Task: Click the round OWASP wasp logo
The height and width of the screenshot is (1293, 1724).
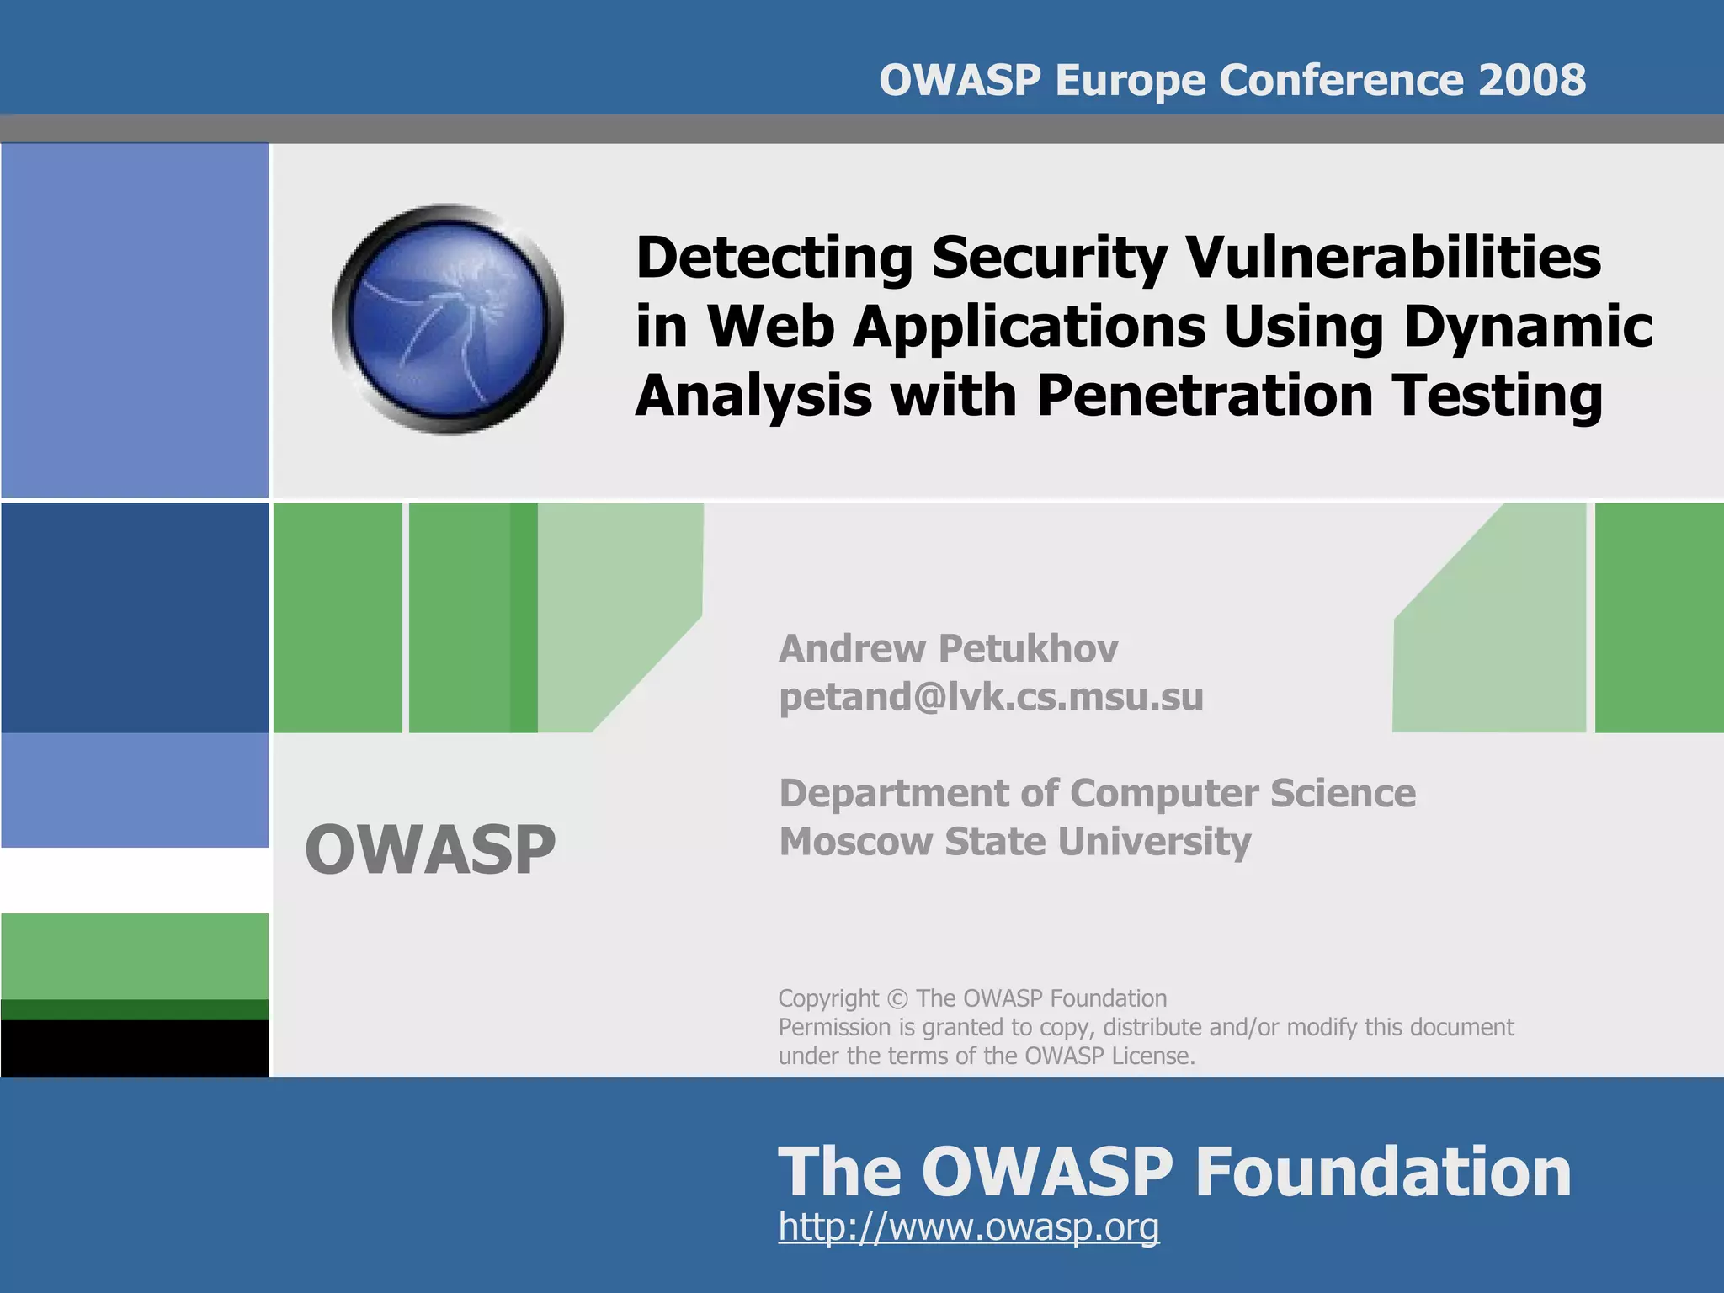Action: [448, 319]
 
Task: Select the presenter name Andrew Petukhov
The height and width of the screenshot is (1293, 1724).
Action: [948, 648]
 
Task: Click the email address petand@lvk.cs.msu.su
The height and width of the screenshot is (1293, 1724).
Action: [991, 697]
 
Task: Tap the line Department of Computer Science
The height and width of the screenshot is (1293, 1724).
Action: [1097, 793]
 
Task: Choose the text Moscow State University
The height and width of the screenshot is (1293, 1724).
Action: [1014, 841]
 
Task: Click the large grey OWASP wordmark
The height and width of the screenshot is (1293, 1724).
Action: [430, 849]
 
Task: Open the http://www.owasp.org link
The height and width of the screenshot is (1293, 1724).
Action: [968, 1226]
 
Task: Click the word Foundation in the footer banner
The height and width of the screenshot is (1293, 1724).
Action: [1382, 1172]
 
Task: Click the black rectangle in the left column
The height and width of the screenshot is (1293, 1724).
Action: [135, 1048]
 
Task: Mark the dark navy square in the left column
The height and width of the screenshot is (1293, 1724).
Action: [135, 617]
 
